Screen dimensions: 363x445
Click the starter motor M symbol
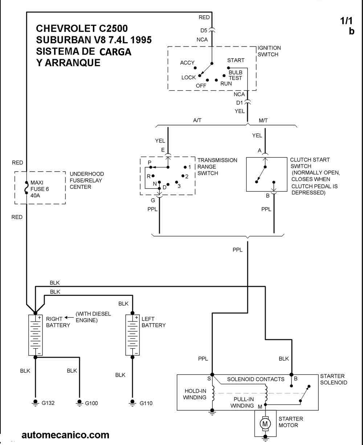point(265,424)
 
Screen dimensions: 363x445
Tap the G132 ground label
point(48,403)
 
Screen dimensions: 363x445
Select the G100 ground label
point(91,403)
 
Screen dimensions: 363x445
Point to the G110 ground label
point(146,403)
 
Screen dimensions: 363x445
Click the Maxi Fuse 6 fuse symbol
point(26,187)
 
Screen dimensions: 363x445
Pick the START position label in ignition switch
point(236,60)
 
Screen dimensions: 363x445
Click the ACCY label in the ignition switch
point(187,63)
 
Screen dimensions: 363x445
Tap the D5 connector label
point(204,31)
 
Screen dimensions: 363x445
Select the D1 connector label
point(240,103)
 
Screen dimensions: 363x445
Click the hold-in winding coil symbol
point(213,393)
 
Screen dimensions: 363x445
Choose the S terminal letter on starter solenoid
point(209,378)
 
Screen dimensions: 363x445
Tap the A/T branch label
point(197,120)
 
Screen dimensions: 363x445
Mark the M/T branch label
point(263,120)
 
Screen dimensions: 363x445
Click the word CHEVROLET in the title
point(66,28)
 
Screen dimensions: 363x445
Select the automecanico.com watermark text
point(65,435)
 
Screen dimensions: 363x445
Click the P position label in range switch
point(149,163)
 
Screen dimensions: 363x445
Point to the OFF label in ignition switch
point(201,86)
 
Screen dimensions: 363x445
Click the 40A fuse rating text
point(35,195)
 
